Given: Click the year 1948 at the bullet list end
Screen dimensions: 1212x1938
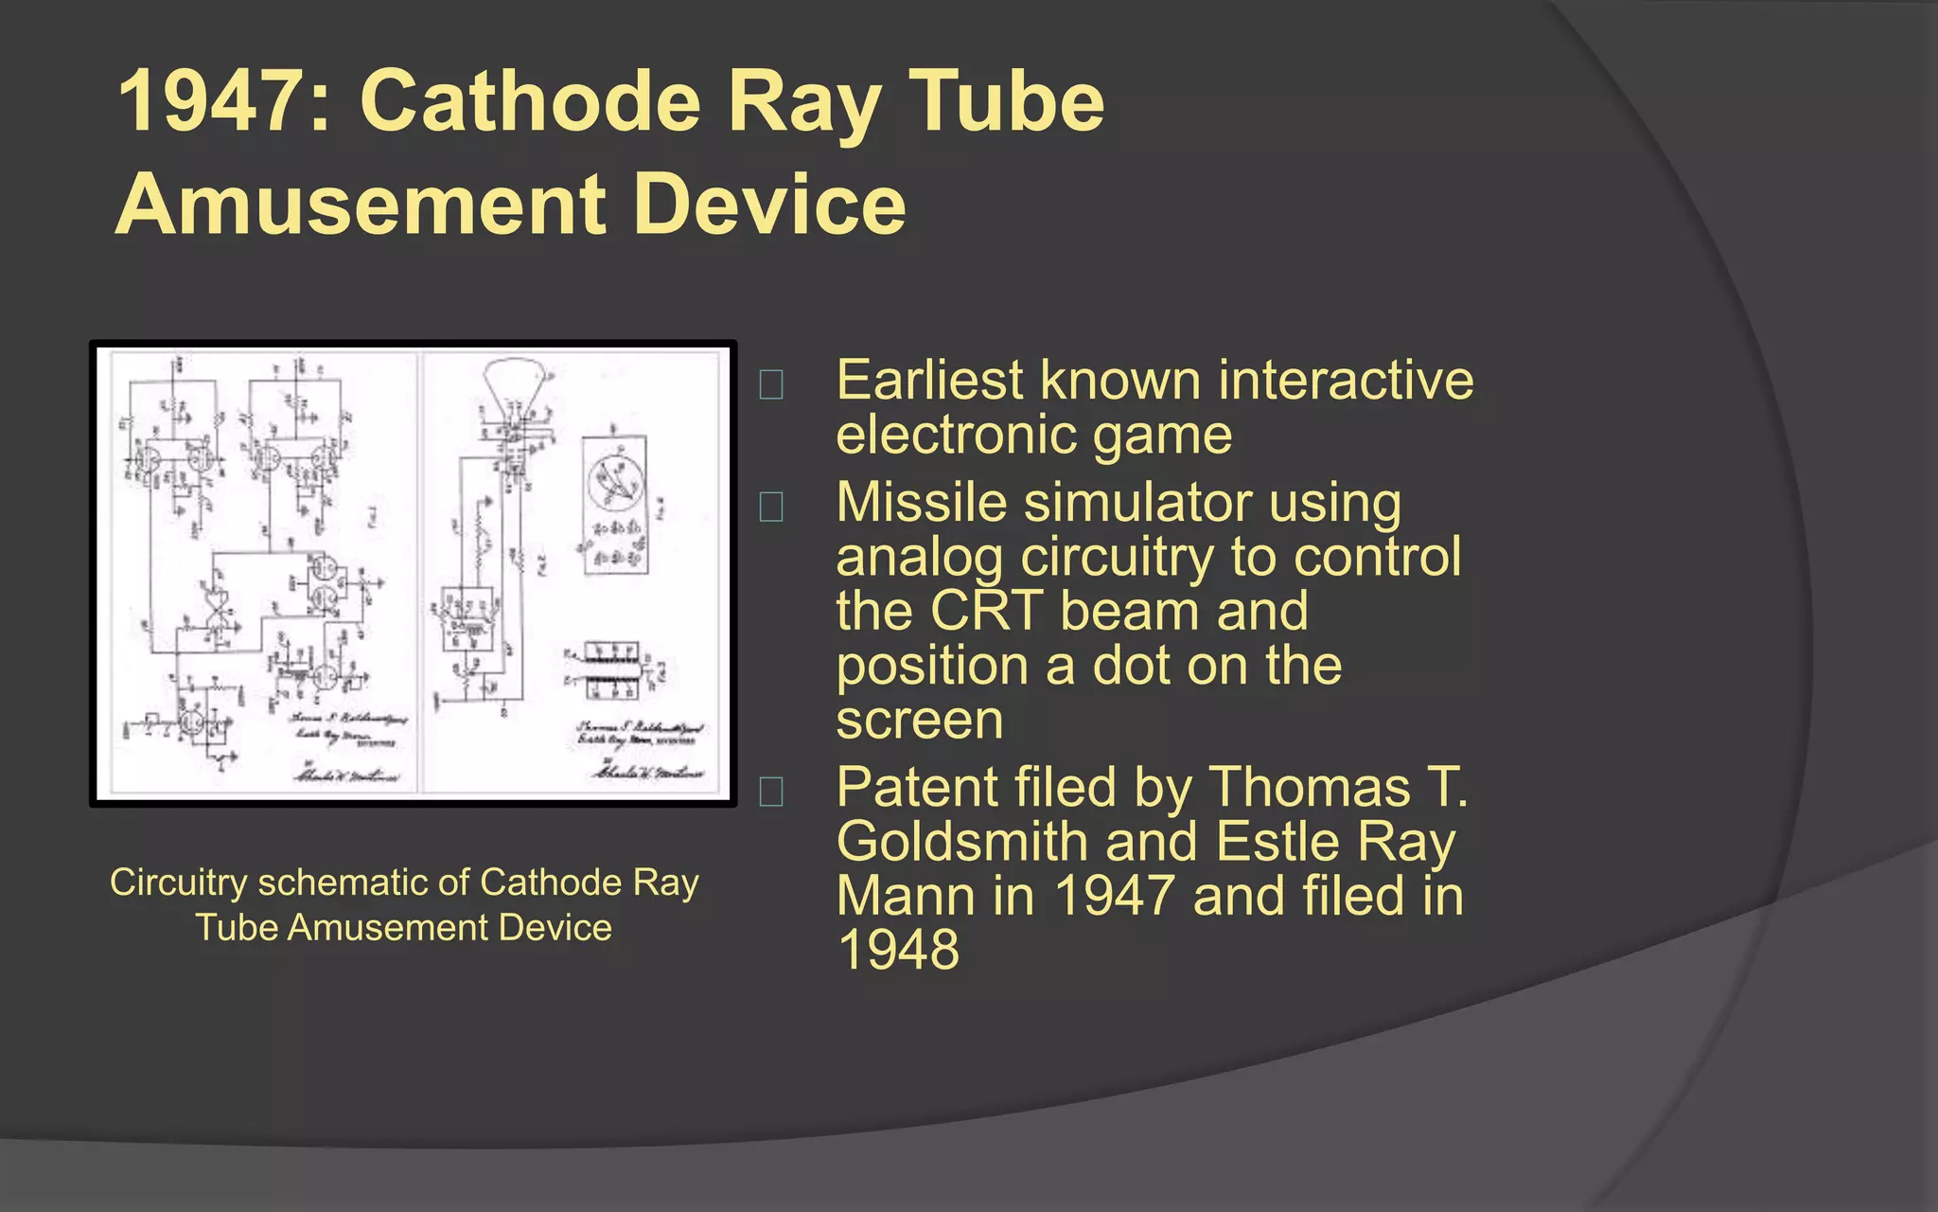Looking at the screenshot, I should pyautogui.click(x=898, y=950).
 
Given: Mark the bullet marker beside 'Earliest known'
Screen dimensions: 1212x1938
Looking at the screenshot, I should pyautogui.click(x=771, y=384).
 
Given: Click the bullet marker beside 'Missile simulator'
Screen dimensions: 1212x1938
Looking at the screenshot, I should pyautogui.click(x=771, y=507).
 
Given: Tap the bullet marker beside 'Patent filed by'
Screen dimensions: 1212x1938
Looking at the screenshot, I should pyautogui.click(x=771, y=791).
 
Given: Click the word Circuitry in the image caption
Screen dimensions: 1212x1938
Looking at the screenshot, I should pyautogui.click(x=177, y=882).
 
